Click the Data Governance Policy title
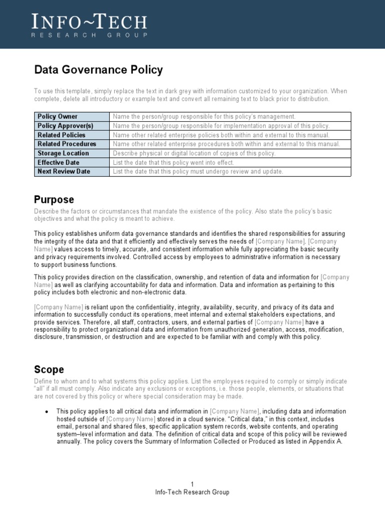98,70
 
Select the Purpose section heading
54,199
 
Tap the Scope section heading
49,370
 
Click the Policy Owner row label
58,117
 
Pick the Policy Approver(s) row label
65,126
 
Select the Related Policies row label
62,135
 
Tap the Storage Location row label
63,153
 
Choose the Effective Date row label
58,162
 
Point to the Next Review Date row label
64,171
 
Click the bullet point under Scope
47,411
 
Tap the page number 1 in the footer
192,483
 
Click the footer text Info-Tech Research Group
192,492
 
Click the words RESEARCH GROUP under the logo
90,36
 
